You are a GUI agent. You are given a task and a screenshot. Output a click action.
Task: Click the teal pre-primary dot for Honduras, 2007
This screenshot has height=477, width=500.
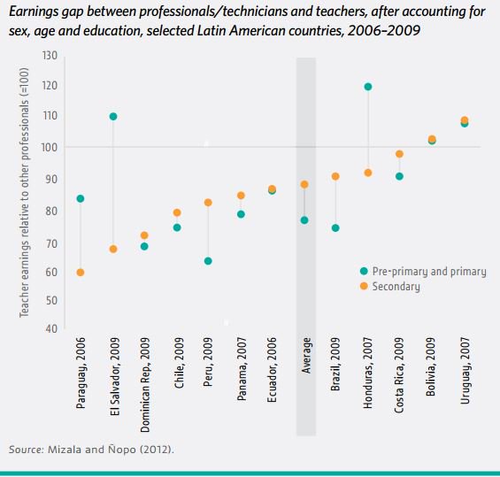[x=367, y=87]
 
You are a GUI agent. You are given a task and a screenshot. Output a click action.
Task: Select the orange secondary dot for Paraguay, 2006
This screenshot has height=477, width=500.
[x=81, y=272]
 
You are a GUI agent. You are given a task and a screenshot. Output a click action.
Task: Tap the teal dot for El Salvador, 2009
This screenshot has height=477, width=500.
[x=113, y=117]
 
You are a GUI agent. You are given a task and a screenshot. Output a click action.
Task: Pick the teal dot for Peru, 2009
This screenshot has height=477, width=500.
[x=208, y=261]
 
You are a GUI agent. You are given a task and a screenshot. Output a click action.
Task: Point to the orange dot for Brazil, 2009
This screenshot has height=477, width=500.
[x=335, y=176]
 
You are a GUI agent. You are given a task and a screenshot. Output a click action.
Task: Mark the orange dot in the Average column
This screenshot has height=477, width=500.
[x=304, y=185]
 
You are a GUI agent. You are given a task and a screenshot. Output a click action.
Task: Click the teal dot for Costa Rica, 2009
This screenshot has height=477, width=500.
[x=399, y=176]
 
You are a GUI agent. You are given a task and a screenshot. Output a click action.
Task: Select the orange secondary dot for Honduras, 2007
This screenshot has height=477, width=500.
[x=367, y=173]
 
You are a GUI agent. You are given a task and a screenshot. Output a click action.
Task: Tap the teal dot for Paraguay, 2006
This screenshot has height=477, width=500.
[x=81, y=198]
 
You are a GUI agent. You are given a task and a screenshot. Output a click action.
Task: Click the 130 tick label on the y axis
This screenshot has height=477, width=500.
[x=50, y=56]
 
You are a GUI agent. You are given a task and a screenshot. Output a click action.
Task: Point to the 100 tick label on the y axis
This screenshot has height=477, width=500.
[x=50, y=148]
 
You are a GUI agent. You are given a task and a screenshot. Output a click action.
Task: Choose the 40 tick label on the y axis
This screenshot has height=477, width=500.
[x=51, y=329]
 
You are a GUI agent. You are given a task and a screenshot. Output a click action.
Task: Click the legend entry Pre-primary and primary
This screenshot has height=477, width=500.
[x=428, y=272]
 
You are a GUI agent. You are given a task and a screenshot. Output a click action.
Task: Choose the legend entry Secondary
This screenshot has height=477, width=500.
[x=396, y=287]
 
